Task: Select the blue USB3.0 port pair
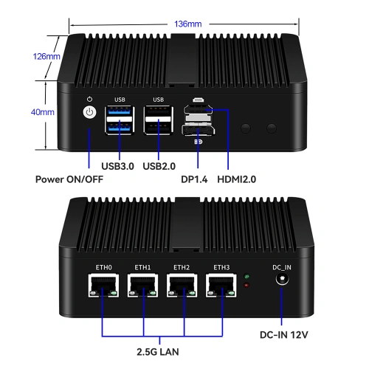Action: click(x=120, y=120)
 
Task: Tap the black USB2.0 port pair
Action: click(x=157, y=120)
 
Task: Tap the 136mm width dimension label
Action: click(x=186, y=24)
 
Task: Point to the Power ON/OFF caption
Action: click(x=69, y=179)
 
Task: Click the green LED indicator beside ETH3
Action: click(x=246, y=277)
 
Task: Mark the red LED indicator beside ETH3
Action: click(x=246, y=285)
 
